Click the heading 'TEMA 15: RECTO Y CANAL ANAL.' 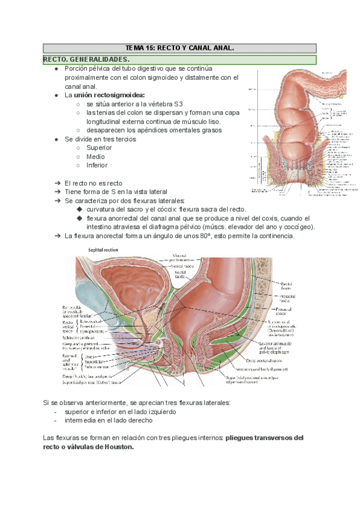tap(179, 48)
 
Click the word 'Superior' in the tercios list tap(99, 148)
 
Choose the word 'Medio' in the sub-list tap(95, 157)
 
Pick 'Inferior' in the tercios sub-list tap(97, 165)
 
